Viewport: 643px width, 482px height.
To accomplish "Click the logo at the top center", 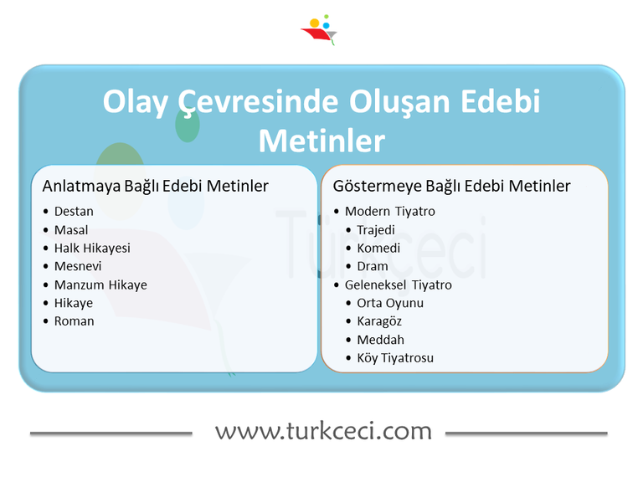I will coord(319,30).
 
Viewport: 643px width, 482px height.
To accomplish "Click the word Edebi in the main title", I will coord(501,103).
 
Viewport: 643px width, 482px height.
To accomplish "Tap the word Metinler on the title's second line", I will coord(321,141).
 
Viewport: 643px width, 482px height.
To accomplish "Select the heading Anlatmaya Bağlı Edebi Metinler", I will coord(156,186).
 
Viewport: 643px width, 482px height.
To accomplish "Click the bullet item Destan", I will coord(74,211).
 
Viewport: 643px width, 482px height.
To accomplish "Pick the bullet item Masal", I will coord(71,229).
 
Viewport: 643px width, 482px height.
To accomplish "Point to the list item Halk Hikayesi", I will coord(92,248).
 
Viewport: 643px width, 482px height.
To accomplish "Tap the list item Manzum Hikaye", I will coord(100,285).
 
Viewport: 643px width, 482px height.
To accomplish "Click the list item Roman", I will coord(75,321).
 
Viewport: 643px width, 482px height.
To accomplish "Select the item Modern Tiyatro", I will coord(390,211).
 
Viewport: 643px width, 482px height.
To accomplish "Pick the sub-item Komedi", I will coord(378,248).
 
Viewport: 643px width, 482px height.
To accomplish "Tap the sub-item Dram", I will coord(373,266).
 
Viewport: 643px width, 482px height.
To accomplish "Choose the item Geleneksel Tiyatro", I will coord(399,285).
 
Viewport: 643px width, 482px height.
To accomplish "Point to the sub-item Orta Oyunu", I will coord(390,303).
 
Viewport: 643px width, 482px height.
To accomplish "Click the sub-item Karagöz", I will coord(379,321).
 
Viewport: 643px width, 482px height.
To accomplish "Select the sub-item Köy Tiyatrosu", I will coord(395,358).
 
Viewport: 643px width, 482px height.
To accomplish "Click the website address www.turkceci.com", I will coord(323,432).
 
